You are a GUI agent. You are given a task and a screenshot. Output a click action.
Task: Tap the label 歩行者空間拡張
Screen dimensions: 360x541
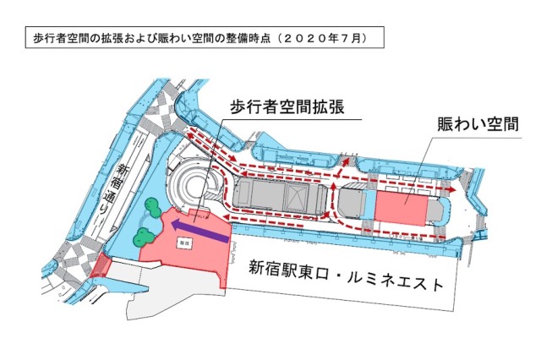[x=288, y=107]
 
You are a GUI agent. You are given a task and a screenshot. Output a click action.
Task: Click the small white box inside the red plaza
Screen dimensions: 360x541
[x=183, y=242]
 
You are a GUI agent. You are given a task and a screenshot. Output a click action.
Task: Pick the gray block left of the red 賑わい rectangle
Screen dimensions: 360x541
[x=354, y=205]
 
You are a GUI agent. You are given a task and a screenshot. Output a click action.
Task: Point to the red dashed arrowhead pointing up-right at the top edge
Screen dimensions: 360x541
[x=347, y=157]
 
